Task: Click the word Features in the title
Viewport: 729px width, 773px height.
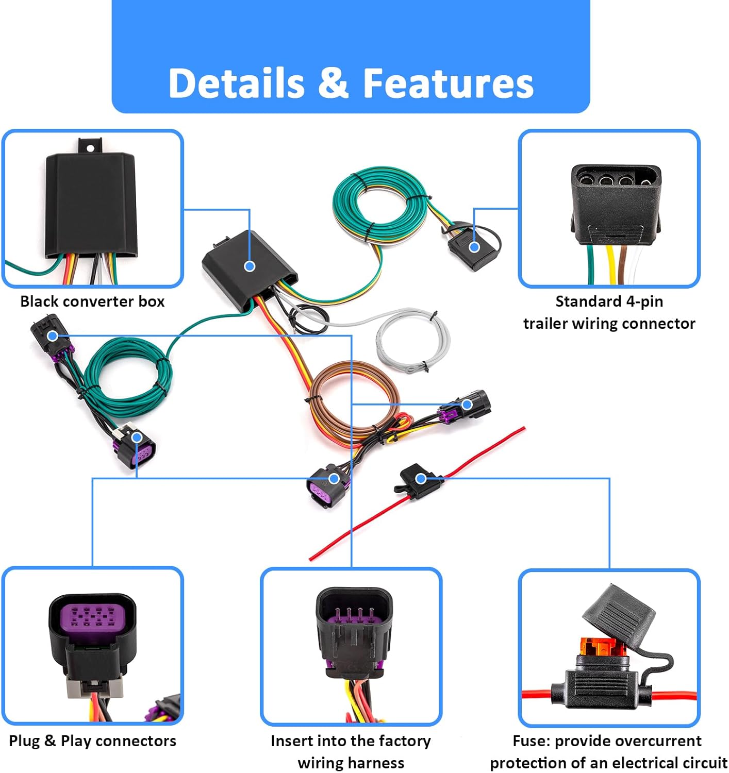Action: [x=448, y=83]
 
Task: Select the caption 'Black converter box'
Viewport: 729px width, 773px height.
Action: [x=92, y=301]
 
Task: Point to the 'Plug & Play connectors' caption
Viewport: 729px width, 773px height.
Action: [x=92, y=741]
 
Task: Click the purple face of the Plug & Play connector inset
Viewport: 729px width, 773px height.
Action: [x=92, y=616]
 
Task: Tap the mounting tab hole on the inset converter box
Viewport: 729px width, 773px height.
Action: [x=91, y=148]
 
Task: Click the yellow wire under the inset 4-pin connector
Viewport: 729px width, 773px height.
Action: [x=612, y=265]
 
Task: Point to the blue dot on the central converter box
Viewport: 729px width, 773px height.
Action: [x=250, y=266]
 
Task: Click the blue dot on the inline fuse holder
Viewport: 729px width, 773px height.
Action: [x=421, y=479]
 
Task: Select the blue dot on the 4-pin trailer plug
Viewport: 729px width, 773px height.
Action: [x=474, y=247]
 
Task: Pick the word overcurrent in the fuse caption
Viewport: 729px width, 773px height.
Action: [x=665, y=741]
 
